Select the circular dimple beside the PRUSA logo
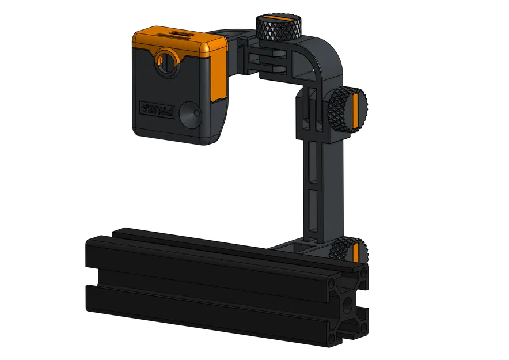tap(189, 115)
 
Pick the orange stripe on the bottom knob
tap(355, 252)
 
